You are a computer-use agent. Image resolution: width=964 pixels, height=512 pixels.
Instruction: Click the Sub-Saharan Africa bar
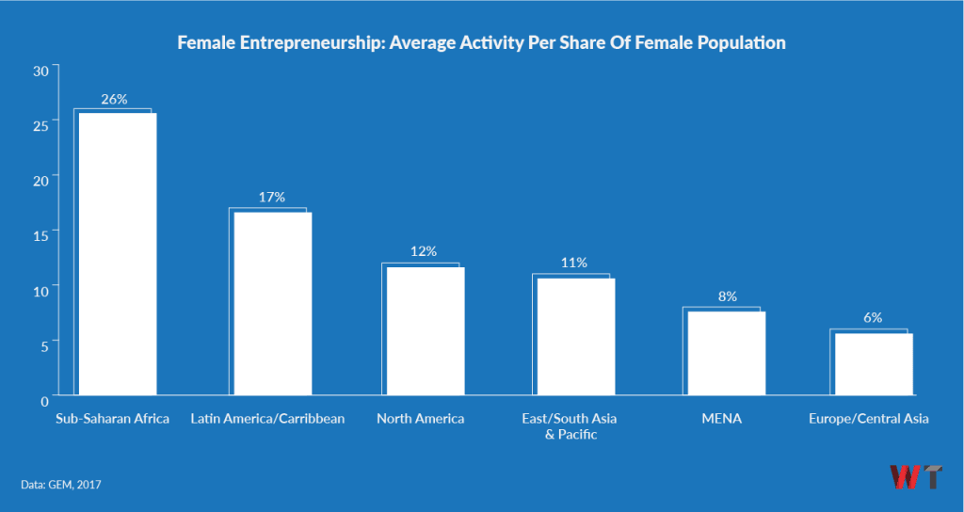[117, 254]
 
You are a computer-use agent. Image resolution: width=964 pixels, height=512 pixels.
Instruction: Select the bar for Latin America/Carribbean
[272, 303]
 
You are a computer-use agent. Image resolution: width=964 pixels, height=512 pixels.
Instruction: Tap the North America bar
[426, 330]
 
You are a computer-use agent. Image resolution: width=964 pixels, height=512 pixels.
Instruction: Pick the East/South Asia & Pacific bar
[575, 336]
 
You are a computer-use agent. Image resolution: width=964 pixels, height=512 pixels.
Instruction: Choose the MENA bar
[726, 353]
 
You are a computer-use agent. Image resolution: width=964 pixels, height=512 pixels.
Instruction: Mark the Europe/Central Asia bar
[874, 363]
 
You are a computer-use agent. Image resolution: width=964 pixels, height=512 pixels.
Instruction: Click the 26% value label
[115, 99]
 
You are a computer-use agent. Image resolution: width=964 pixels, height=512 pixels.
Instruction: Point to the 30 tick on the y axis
[40, 71]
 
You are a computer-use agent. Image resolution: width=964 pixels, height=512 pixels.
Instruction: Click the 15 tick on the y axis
[40, 231]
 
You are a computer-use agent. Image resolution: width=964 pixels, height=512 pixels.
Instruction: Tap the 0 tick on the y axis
[44, 400]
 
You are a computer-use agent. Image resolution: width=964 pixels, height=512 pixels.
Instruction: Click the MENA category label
[722, 419]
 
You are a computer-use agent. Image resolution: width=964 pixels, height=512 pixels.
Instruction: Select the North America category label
[420, 419]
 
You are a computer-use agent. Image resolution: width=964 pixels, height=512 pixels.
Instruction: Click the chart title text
[482, 43]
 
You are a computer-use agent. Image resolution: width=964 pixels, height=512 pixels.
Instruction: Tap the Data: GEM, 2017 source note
[60, 485]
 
